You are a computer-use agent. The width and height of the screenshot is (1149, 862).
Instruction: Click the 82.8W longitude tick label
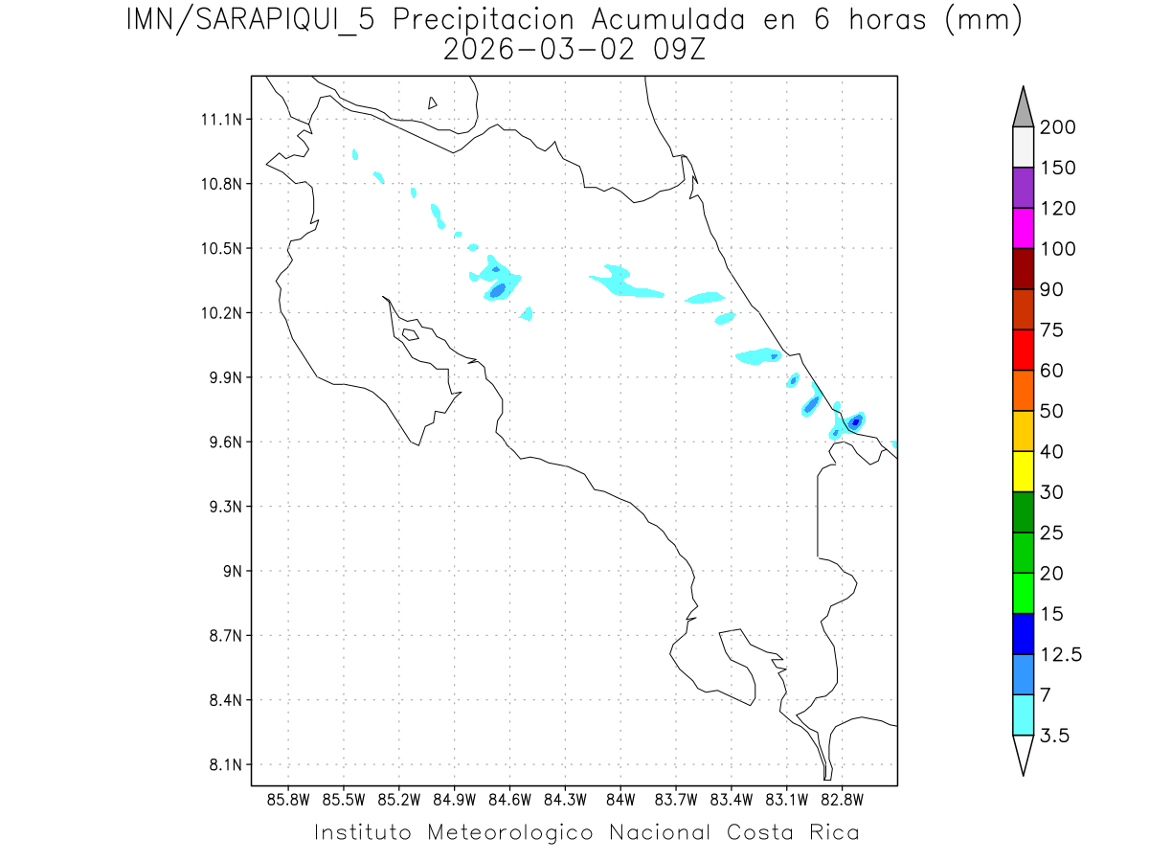click(x=842, y=799)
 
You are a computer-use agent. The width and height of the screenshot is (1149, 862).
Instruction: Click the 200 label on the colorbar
click(x=1058, y=128)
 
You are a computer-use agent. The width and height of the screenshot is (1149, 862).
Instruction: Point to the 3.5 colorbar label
click(x=1055, y=737)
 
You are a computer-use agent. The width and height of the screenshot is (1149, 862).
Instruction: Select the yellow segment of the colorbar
click(x=1023, y=471)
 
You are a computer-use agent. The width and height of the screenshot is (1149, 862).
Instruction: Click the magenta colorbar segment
click(x=1023, y=228)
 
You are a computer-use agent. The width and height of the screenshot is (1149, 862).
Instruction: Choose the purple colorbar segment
click(x=1023, y=188)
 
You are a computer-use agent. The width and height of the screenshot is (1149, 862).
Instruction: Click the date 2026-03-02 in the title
click(x=537, y=50)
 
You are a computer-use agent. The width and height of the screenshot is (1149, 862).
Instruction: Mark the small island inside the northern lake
click(x=433, y=102)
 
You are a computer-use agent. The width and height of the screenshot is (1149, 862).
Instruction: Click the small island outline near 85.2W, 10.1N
click(x=410, y=334)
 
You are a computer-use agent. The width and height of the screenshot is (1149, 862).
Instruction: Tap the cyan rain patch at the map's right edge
click(x=893, y=444)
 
